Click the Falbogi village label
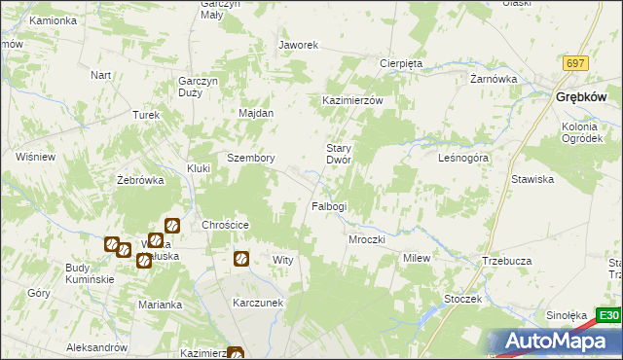[x=328, y=206]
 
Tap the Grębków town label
[x=581, y=97]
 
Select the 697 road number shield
[x=575, y=63]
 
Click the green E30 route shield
[x=608, y=316]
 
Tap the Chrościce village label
[x=226, y=225]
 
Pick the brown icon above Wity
[x=240, y=259]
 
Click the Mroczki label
[x=367, y=239]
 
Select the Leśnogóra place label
[x=462, y=157]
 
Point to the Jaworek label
[x=299, y=45]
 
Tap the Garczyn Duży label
[x=197, y=87]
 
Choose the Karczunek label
[x=258, y=302]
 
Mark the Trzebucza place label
[x=504, y=261]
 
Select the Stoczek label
[x=462, y=299]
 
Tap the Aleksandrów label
[x=97, y=347]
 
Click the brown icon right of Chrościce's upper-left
[x=171, y=226]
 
